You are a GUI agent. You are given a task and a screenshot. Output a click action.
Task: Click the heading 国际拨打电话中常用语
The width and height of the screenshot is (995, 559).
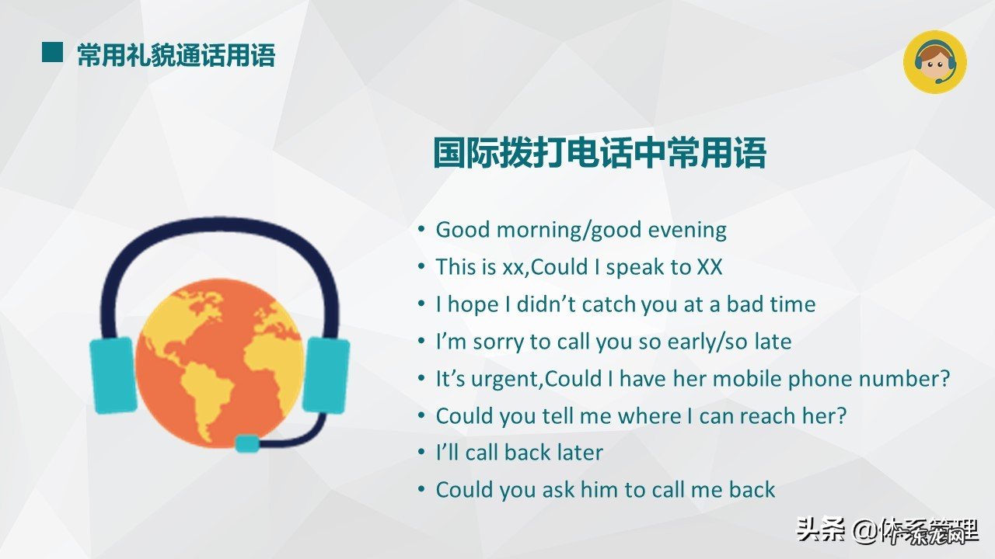[x=599, y=153]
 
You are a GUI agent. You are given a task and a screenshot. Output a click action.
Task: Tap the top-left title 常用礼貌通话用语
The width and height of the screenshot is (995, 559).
[x=176, y=55]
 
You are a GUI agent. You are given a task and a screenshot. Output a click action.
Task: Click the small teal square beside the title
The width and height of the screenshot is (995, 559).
[x=52, y=52]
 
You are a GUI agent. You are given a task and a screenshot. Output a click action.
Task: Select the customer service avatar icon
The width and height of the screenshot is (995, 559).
[x=934, y=62]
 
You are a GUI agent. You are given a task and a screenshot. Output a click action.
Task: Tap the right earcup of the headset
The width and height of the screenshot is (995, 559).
[x=325, y=375]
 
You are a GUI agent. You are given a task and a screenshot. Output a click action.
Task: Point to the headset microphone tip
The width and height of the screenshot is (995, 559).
[x=247, y=443]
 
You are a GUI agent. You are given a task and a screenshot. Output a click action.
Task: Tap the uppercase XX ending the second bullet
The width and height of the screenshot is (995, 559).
[x=709, y=267]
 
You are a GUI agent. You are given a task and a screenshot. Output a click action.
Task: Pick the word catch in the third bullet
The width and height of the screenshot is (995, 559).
[x=608, y=304]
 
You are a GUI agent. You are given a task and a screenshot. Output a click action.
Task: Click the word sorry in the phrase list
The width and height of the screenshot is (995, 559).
[x=500, y=342]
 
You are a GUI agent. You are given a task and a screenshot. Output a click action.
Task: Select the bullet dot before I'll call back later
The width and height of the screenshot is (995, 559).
[x=421, y=453]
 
